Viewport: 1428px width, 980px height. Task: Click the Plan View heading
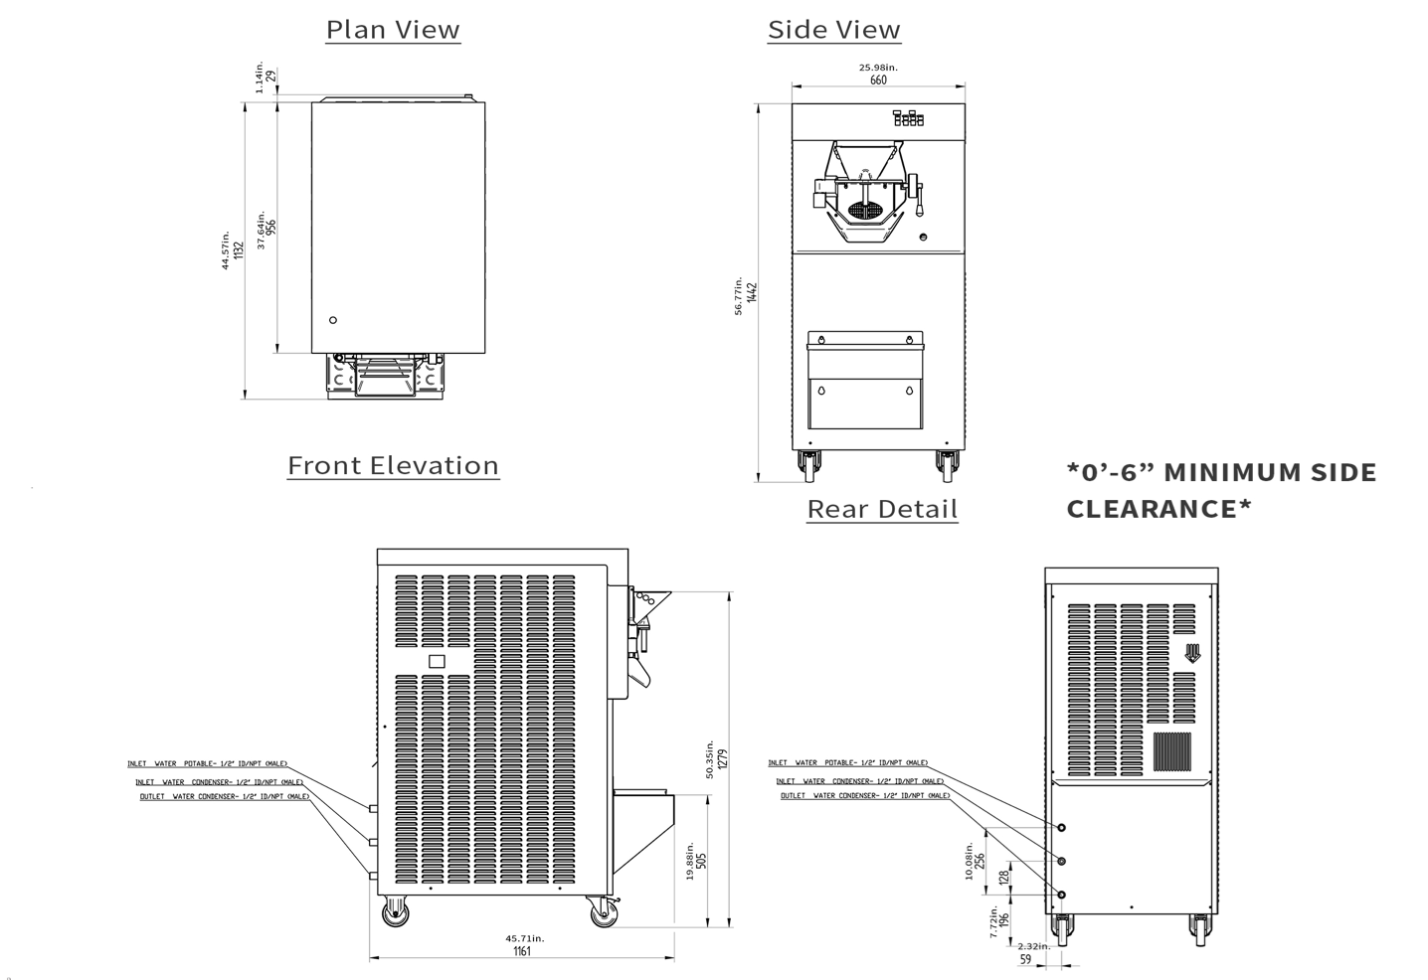pyautogui.click(x=393, y=30)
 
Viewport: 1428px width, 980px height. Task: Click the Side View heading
pyautogui.click(x=833, y=30)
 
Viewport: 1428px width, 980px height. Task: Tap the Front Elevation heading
pyautogui.click(x=393, y=465)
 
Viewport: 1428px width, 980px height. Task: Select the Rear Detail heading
pyautogui.click(x=882, y=509)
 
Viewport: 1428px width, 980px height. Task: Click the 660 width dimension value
pyautogui.click(x=878, y=81)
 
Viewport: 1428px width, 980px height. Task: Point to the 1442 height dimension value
pyautogui.click(x=753, y=292)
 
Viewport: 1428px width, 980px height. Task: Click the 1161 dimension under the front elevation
pyautogui.click(x=522, y=951)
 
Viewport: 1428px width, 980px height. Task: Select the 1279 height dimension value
pyautogui.click(x=723, y=758)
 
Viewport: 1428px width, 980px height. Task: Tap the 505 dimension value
pyautogui.click(x=701, y=859)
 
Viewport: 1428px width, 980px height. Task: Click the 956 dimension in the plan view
pyautogui.click(x=270, y=227)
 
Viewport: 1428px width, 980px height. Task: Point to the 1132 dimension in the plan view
pyautogui.click(x=238, y=251)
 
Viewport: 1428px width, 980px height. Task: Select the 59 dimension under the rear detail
pyautogui.click(x=1026, y=960)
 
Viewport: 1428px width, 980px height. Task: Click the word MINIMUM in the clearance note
pyautogui.click(x=1249, y=472)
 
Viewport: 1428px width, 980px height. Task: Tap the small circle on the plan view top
pyautogui.click(x=333, y=320)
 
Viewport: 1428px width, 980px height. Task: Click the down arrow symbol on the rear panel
pyautogui.click(x=1192, y=653)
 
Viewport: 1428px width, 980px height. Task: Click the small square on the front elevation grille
pyautogui.click(x=436, y=661)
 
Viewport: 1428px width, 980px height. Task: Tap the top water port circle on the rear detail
pyautogui.click(x=1062, y=827)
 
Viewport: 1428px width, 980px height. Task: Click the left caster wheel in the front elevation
pyautogui.click(x=396, y=911)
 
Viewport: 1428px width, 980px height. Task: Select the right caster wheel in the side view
pyautogui.click(x=947, y=463)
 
